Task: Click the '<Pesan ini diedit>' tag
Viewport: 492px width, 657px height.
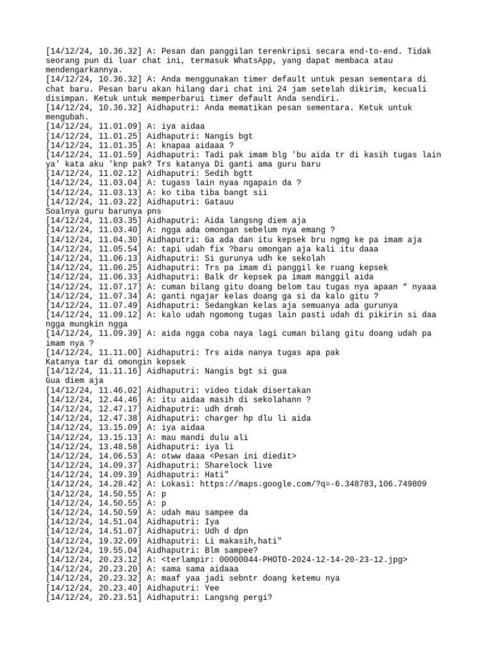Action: coord(256,456)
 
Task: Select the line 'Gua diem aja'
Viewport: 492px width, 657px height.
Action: coord(74,380)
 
